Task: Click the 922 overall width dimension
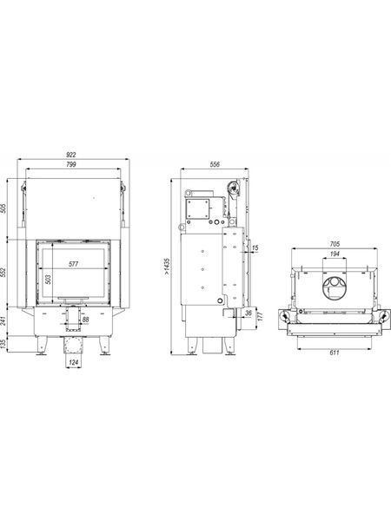click(x=71, y=155)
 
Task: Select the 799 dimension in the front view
click(x=71, y=164)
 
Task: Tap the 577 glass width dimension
click(x=73, y=264)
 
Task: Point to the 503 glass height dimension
click(x=49, y=279)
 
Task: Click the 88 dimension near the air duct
click(x=85, y=320)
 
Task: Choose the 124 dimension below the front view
click(x=73, y=362)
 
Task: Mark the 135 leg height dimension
click(x=3, y=344)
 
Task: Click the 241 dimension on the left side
click(x=3, y=321)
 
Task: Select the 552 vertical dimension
click(x=3, y=274)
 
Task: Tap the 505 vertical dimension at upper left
click(x=3, y=208)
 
